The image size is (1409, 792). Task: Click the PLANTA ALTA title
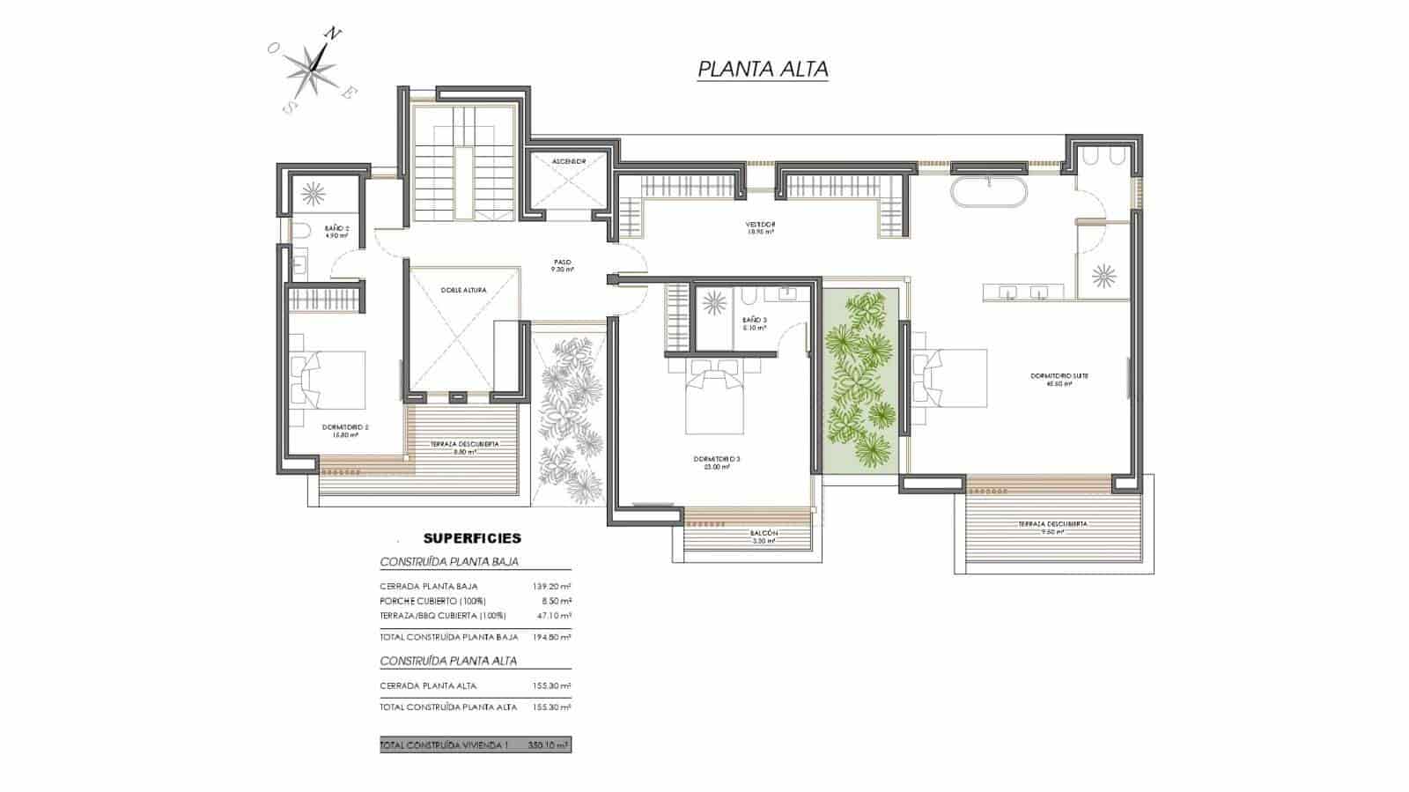pyautogui.click(x=763, y=69)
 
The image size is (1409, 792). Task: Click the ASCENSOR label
pyautogui.click(x=569, y=161)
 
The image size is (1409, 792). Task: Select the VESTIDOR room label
pyautogui.click(x=760, y=225)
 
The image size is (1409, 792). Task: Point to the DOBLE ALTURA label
pyautogui.click(x=463, y=290)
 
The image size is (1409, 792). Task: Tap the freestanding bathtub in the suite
pyautogui.click(x=989, y=193)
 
